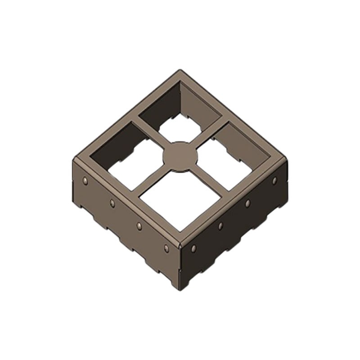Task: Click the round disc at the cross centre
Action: pos(180,156)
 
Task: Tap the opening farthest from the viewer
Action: pos(180,110)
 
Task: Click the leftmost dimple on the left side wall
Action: pos(85,181)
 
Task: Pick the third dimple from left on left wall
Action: pos(139,225)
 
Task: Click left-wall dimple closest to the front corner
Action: pos(166,248)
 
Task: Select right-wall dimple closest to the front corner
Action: pos(194,248)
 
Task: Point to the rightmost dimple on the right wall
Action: pos(274,180)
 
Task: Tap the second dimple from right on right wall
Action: pos(247,203)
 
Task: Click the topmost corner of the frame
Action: pos(180,71)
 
